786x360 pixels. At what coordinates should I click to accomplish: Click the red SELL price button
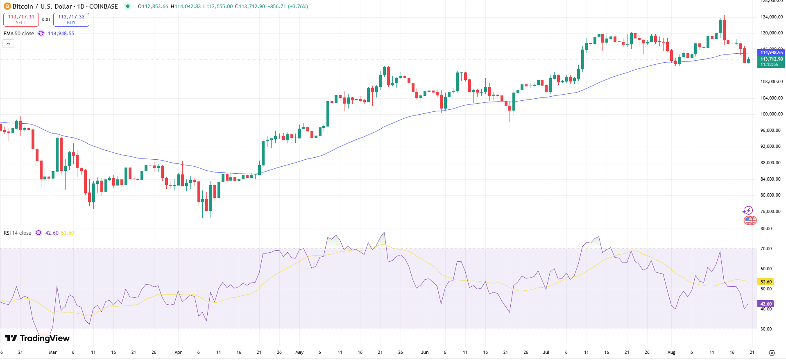coord(21,19)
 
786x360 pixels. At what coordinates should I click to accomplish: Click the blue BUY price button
coord(71,19)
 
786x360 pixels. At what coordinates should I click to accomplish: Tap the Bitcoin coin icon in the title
coord(7,7)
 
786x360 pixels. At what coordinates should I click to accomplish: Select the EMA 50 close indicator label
coord(19,34)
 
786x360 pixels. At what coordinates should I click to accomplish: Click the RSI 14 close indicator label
coord(18,233)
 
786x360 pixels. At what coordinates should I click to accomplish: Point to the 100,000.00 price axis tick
coord(771,114)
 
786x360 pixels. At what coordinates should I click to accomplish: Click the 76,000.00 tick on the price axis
coord(771,211)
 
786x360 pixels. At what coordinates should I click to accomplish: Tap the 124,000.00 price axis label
coord(771,17)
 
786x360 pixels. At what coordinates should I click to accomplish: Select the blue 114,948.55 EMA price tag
coord(771,52)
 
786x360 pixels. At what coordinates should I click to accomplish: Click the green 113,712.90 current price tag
coord(771,59)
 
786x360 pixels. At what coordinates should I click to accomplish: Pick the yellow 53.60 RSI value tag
coord(766,282)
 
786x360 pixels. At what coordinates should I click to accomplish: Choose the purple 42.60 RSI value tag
coord(766,304)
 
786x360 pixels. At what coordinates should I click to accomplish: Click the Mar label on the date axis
coord(53,352)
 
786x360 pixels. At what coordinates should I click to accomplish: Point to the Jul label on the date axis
coord(546,352)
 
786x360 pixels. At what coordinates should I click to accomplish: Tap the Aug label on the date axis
coord(671,352)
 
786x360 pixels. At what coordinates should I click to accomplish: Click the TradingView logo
coord(37,338)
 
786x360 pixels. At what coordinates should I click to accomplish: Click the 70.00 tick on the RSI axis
coord(766,249)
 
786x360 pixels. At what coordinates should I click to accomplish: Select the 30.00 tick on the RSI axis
coord(766,329)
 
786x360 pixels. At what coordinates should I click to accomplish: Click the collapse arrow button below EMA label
coord(9,43)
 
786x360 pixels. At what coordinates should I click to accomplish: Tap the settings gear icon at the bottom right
coord(772,353)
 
